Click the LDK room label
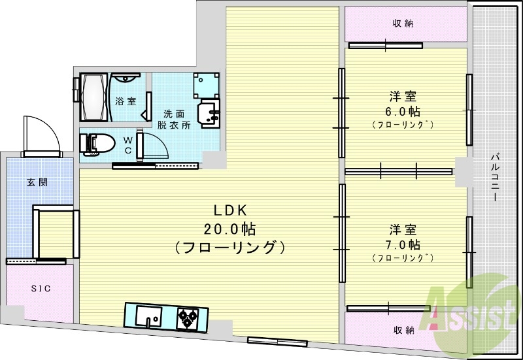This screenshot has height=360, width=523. pos(230,210)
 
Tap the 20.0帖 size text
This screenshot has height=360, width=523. pos(230,229)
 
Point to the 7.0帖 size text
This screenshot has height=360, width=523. pos(402,245)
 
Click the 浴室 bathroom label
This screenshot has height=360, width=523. pos(126,101)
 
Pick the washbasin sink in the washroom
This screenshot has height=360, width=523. pos(210,114)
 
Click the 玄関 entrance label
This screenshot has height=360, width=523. pos(37,182)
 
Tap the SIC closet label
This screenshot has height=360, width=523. pos(40,288)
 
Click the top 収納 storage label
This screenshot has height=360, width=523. pos(403,24)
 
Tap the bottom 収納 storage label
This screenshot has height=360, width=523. pos(403,330)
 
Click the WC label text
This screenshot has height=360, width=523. pos(127,144)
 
